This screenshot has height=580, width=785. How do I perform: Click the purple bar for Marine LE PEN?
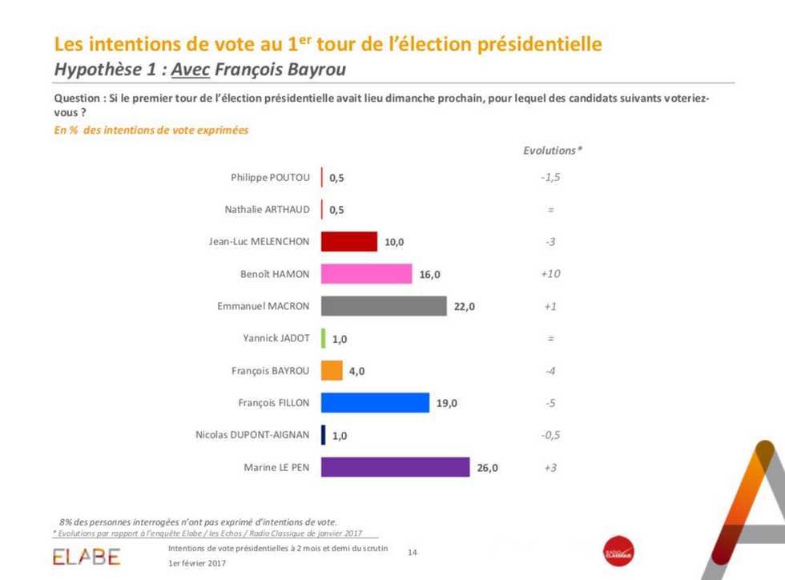(x=395, y=467)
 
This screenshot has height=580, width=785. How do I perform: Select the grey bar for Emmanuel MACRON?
(x=384, y=306)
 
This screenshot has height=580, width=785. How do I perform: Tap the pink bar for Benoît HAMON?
(x=366, y=274)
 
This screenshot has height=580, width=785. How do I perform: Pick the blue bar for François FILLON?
(x=375, y=403)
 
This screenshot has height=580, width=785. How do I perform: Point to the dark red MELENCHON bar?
(x=348, y=242)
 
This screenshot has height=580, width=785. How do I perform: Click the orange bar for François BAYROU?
(x=332, y=371)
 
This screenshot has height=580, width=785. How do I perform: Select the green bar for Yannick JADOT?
(x=324, y=338)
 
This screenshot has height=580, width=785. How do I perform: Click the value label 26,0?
(x=487, y=468)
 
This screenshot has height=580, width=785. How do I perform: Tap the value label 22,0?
(x=465, y=307)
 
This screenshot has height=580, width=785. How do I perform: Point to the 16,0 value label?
(x=429, y=275)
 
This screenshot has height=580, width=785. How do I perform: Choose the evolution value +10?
(x=550, y=274)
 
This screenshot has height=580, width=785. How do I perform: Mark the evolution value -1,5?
(x=550, y=177)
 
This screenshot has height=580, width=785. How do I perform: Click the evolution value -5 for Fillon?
(x=550, y=403)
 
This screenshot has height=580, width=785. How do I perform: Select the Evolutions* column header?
(x=552, y=151)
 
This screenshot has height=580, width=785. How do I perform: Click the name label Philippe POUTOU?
(x=270, y=177)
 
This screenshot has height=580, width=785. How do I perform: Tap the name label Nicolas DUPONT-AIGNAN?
(x=252, y=435)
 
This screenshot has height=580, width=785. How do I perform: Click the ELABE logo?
(x=87, y=556)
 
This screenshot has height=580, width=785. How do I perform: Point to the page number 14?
(x=413, y=552)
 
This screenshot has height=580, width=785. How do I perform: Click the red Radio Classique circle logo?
(x=618, y=552)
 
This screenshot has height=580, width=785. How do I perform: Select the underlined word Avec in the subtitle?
(x=190, y=70)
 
